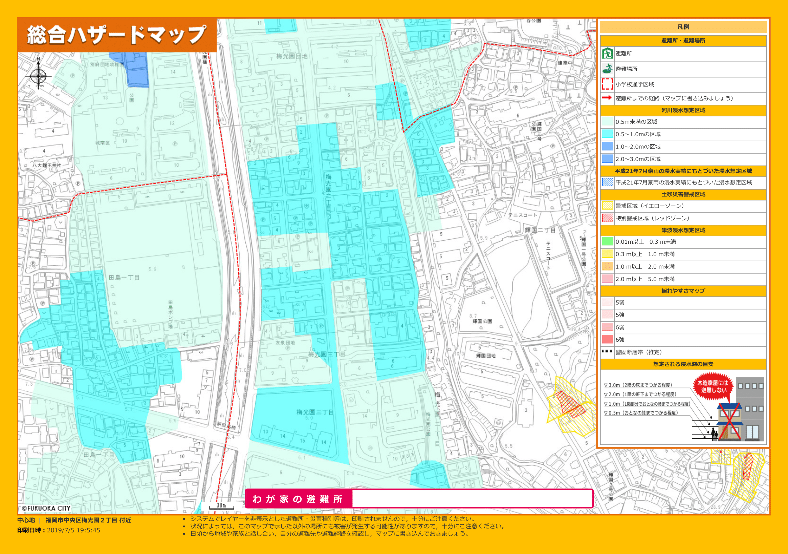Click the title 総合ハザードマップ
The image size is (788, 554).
pyautogui.click(x=117, y=35)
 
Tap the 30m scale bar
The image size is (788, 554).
pyautogui.click(x=221, y=506)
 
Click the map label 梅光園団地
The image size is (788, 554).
pyautogui.click(x=291, y=56)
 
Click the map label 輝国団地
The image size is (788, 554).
pyautogui.click(x=486, y=356)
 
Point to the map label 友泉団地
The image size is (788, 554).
pyautogui.click(x=285, y=342)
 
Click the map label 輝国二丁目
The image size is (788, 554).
pyautogui.click(x=540, y=230)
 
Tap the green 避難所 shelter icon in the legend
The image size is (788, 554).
pyautogui.click(x=607, y=53)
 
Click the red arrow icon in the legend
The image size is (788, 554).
pyautogui.click(x=607, y=98)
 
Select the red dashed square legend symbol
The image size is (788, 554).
pyautogui.click(x=607, y=84)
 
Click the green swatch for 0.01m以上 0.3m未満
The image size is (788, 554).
pyautogui.click(x=608, y=241)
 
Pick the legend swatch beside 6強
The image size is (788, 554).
pyautogui.click(x=608, y=339)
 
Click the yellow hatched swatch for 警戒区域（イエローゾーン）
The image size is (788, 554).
pyautogui.click(x=608, y=206)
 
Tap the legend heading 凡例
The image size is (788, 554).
pyautogui.click(x=683, y=27)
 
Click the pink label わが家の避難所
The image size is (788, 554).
pyautogui.click(x=298, y=499)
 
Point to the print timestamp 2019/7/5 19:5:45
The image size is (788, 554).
pyautogui.click(x=73, y=530)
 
